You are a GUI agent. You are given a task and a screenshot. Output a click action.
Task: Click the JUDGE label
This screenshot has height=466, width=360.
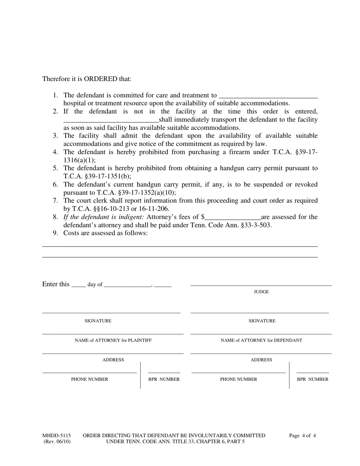point(261,292)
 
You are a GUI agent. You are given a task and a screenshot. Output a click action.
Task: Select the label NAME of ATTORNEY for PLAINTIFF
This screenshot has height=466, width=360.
point(113,340)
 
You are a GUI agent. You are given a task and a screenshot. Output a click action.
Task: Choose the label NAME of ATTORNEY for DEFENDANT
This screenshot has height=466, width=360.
point(261,340)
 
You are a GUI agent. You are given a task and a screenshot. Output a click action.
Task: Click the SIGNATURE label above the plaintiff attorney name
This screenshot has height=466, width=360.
point(98,321)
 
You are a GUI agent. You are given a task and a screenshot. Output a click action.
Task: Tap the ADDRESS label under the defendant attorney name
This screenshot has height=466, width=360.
point(261,360)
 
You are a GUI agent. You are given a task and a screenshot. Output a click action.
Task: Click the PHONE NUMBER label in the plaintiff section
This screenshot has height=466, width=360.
point(89,379)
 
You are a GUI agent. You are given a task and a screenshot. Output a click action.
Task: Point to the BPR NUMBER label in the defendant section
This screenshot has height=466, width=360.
point(313,379)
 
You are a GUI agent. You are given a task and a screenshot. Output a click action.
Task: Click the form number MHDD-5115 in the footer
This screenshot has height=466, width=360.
point(56,436)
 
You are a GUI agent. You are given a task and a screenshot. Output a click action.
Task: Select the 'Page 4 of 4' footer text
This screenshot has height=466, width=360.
point(302,436)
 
